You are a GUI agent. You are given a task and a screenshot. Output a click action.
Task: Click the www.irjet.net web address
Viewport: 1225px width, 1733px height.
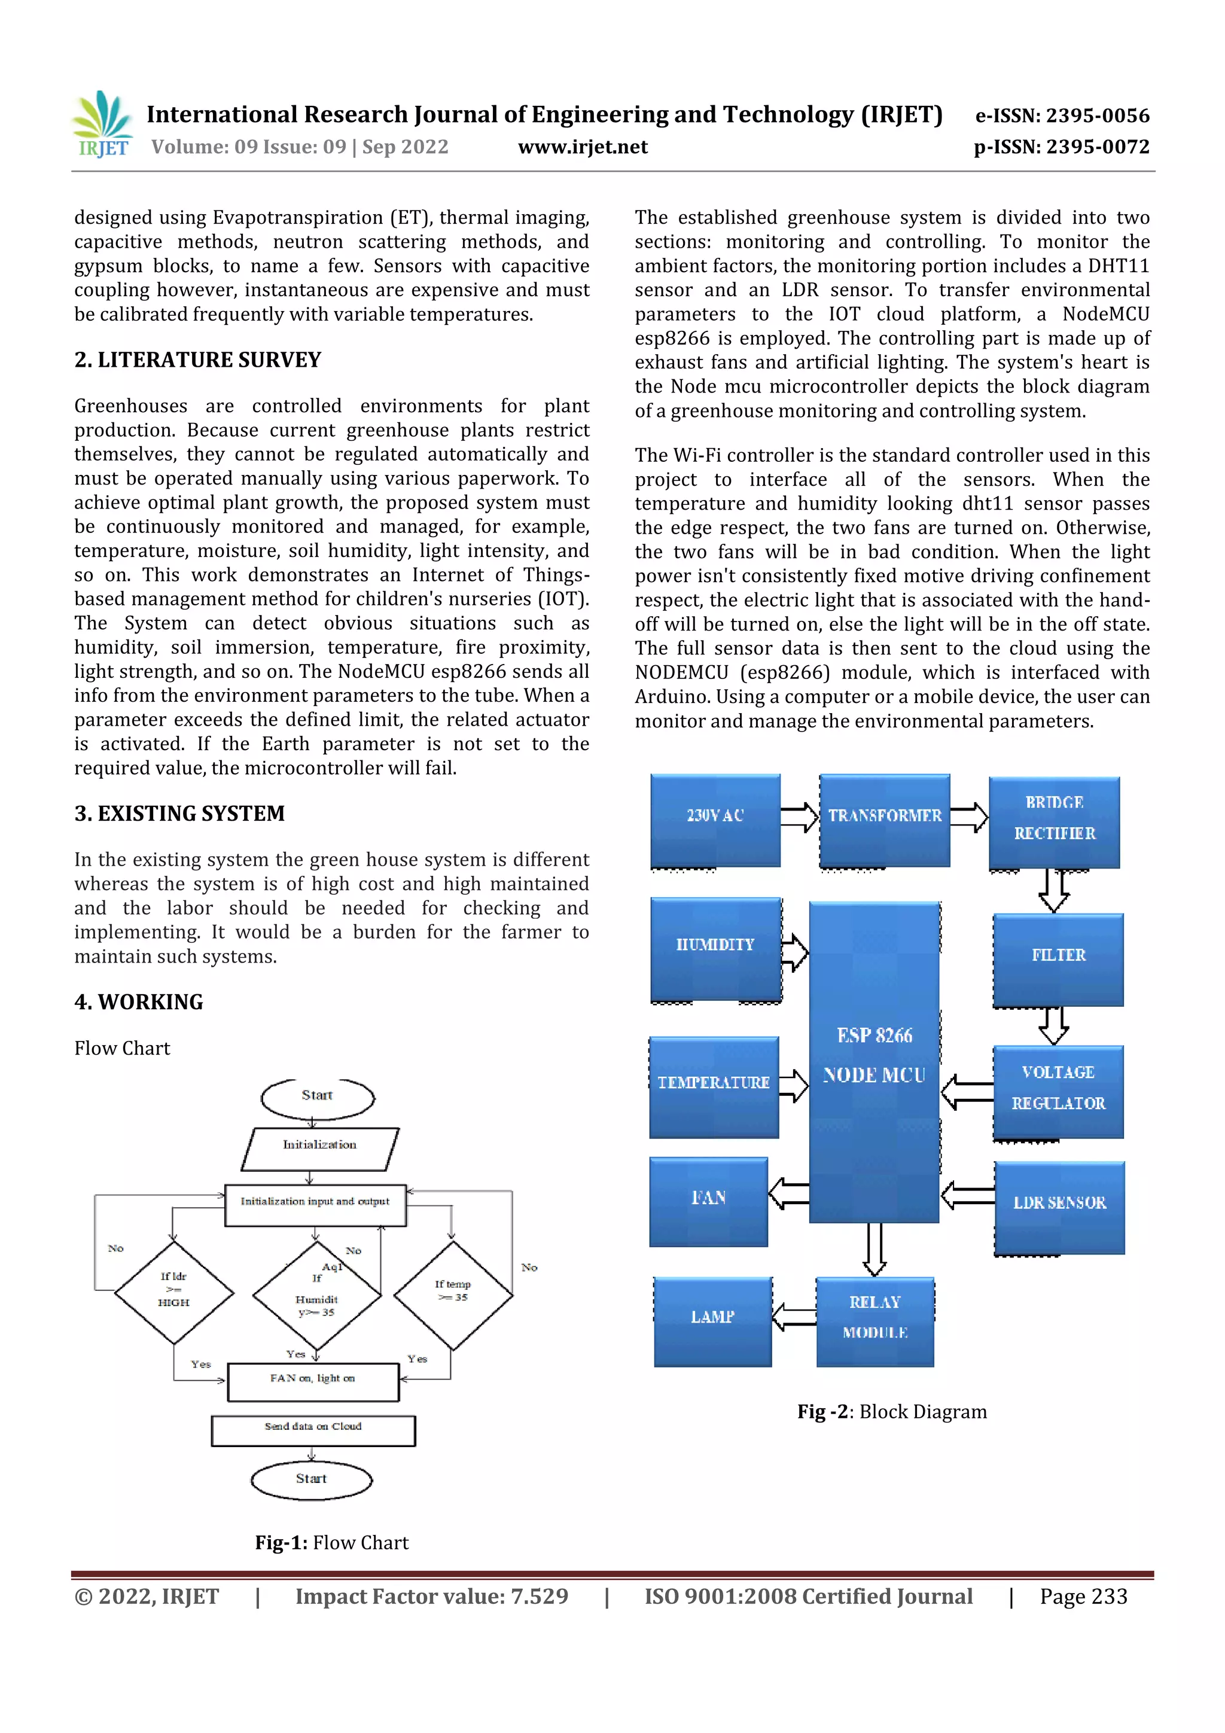tap(583, 147)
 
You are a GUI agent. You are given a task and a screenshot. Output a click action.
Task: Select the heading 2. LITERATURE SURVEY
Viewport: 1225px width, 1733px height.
tap(198, 360)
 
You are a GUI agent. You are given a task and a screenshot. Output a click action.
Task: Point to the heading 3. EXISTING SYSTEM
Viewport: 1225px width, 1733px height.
tap(179, 814)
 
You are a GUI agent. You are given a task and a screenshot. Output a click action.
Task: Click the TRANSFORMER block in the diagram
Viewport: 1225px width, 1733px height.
tap(885, 820)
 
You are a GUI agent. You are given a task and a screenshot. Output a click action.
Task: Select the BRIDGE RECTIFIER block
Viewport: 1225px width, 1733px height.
tap(1055, 822)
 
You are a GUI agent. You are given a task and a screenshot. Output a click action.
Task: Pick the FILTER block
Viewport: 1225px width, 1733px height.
tap(1058, 958)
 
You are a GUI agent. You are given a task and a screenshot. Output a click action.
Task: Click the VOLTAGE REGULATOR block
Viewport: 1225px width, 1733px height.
tap(1058, 1091)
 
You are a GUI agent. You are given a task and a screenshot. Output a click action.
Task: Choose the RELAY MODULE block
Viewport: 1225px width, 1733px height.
tap(874, 1321)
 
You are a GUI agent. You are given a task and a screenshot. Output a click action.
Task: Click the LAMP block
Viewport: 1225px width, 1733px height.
tap(712, 1321)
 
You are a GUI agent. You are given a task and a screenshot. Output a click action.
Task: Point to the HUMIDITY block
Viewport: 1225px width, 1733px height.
tap(715, 948)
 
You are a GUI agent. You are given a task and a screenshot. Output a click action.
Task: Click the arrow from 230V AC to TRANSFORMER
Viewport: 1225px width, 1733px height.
tap(799, 817)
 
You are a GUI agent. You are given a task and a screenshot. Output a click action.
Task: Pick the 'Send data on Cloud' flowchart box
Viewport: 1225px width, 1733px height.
tap(313, 1430)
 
